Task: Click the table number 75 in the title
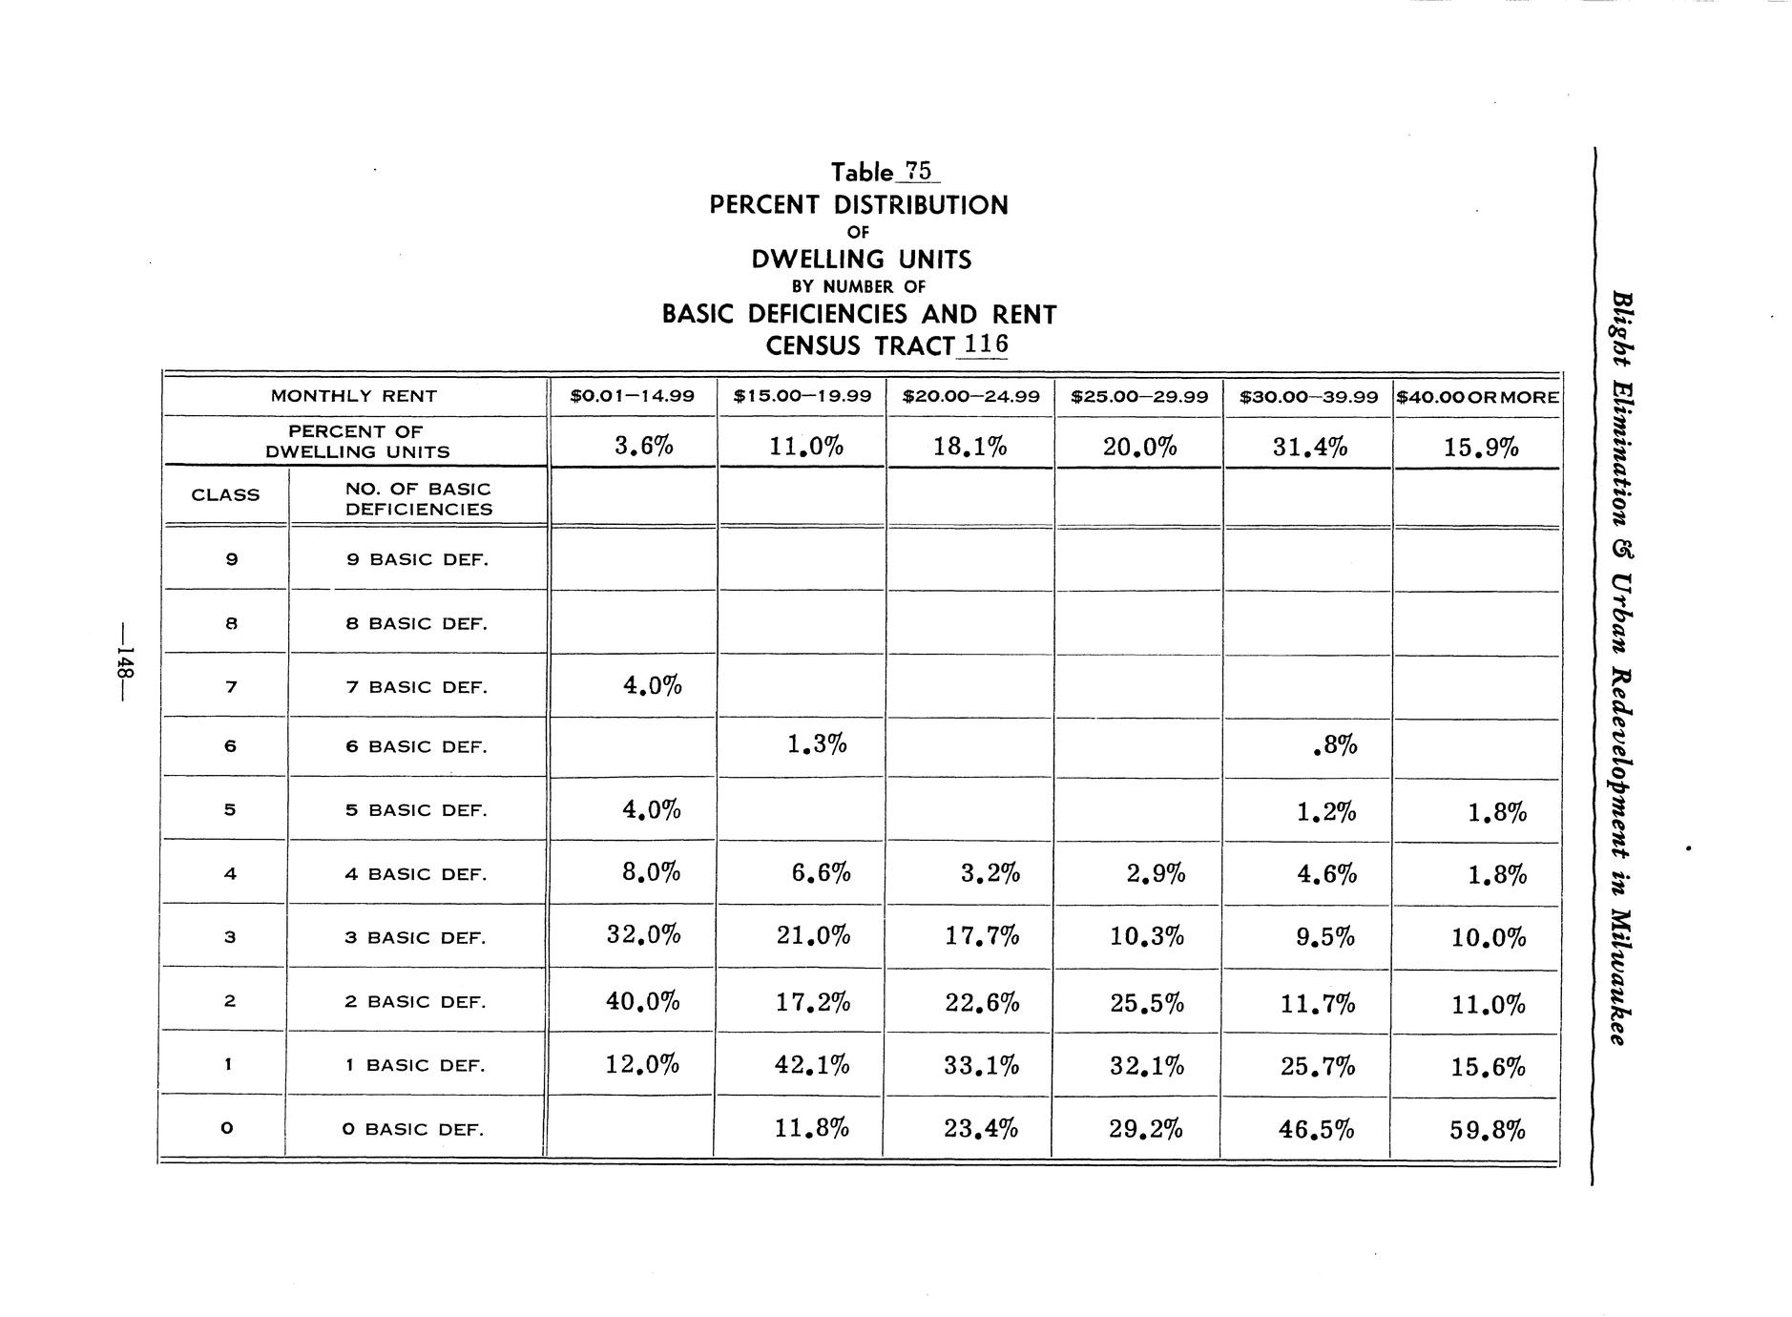pyautogui.click(x=917, y=172)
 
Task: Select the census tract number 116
pyautogui.click(x=986, y=345)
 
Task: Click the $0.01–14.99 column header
pyautogui.click(x=632, y=396)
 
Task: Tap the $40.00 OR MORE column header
pyautogui.click(x=1477, y=397)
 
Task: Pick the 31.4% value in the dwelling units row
pyautogui.click(x=1310, y=447)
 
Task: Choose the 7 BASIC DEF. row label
pyautogui.click(x=416, y=687)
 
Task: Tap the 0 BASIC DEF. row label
pyautogui.click(x=414, y=1130)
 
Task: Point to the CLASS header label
pyautogui.click(x=225, y=495)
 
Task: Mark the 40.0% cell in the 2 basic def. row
pyautogui.click(x=642, y=1002)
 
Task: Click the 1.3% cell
pyautogui.click(x=817, y=744)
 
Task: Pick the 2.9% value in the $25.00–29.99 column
pyautogui.click(x=1156, y=873)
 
